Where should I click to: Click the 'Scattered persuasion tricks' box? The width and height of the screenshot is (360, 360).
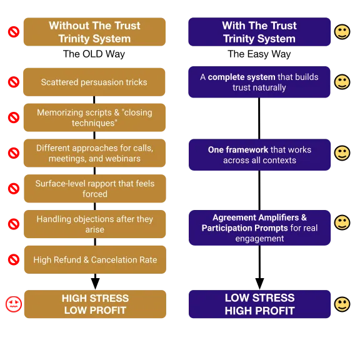(x=94, y=82)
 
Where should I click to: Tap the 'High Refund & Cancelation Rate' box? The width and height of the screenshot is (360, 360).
(x=95, y=259)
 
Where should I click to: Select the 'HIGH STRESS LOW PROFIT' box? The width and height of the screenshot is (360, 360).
(x=95, y=304)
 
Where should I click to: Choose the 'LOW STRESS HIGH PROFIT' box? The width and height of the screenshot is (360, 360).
(x=259, y=304)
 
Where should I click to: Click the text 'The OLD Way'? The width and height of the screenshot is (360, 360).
(x=94, y=54)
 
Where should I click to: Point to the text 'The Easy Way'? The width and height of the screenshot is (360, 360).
(x=259, y=54)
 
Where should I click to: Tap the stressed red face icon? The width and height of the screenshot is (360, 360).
(x=14, y=304)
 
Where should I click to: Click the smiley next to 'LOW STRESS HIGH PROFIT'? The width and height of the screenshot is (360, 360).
(x=342, y=304)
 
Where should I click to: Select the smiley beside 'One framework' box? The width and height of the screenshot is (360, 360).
(x=342, y=153)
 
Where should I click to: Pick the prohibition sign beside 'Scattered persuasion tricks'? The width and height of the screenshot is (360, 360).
(x=14, y=82)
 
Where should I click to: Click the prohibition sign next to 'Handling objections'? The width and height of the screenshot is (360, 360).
(x=14, y=224)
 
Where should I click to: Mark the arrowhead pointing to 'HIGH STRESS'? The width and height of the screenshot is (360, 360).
(x=95, y=284)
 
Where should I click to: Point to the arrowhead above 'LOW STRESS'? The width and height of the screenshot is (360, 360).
(x=259, y=284)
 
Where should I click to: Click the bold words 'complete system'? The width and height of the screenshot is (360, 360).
(x=241, y=77)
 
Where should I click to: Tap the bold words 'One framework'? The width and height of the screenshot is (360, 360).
(x=238, y=150)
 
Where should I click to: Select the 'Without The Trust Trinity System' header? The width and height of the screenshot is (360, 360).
(x=94, y=32)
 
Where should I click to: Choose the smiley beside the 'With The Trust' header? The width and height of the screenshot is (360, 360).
(x=342, y=32)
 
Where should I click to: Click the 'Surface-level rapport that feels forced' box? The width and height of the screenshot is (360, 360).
(x=95, y=189)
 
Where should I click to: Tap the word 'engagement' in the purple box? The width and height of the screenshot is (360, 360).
(x=259, y=239)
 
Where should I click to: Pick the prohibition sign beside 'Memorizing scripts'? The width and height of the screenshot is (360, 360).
(x=14, y=117)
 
